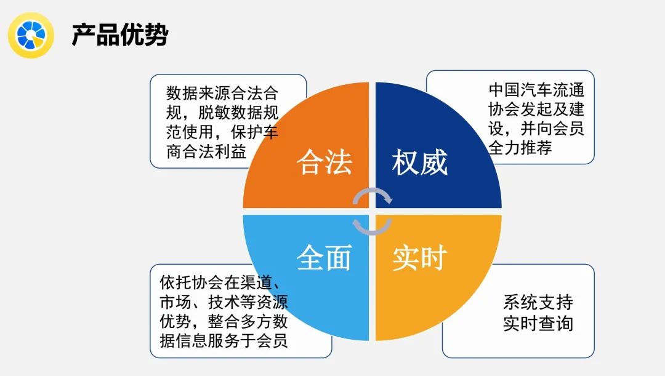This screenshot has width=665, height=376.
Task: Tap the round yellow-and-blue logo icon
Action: point(31,34)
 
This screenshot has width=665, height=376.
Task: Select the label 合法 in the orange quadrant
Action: point(324,162)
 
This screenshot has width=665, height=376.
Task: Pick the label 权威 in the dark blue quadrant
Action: point(420,162)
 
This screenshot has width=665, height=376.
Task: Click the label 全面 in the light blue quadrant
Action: point(324,257)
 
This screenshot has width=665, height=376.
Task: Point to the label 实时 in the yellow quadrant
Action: point(420,257)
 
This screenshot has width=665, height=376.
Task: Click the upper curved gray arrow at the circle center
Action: point(373,196)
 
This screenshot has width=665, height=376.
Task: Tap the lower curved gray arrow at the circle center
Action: point(373,225)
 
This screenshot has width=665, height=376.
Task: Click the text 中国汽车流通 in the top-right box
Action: point(536,90)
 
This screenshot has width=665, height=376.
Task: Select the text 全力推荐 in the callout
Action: point(520,148)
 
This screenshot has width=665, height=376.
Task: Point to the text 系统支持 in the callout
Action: point(538,302)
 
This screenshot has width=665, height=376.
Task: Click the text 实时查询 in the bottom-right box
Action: point(538,323)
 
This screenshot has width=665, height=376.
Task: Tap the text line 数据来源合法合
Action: point(222,94)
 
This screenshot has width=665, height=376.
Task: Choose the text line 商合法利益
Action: point(206,151)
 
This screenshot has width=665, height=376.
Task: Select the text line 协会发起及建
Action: point(536,110)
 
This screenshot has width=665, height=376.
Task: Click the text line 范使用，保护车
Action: point(222,132)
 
